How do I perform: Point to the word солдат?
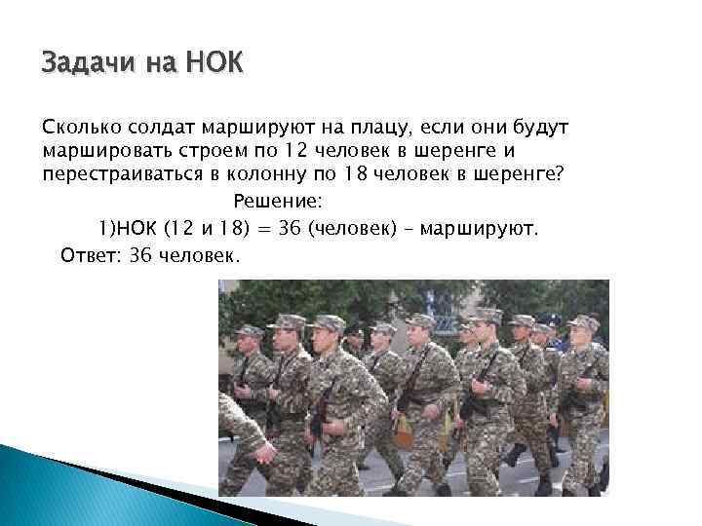[161, 129]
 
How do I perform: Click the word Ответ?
[86, 256]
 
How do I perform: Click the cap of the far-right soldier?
[583, 322]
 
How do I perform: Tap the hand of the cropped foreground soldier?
[262, 451]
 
